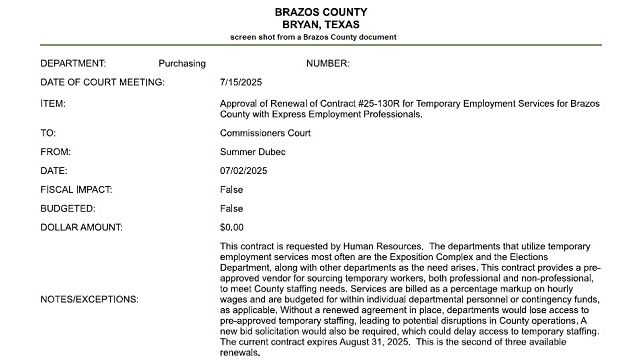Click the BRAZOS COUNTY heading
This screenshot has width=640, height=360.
[320, 10]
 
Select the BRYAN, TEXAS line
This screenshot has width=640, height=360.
[320, 23]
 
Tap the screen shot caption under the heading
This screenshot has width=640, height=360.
[320, 37]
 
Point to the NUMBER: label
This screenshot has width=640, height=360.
[327, 64]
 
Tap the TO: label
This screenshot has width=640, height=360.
[47, 132]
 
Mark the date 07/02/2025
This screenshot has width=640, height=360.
[244, 170]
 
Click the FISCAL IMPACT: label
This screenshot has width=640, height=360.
[77, 189]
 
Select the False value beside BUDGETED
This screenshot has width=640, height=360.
[231, 208]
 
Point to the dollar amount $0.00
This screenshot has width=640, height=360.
[231, 227]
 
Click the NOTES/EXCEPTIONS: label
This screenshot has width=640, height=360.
[89, 298]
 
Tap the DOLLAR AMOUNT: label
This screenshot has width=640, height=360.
[82, 227]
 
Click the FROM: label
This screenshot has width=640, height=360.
[55, 151]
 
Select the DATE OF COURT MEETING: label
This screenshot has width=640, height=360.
[102, 83]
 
